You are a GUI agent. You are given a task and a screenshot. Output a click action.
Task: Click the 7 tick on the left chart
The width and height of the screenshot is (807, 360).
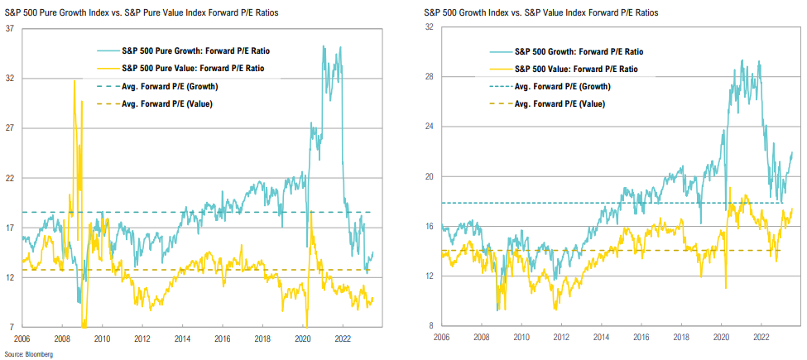click(x=12, y=328)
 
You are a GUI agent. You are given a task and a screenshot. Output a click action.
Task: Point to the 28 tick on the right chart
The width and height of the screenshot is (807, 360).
click(x=430, y=77)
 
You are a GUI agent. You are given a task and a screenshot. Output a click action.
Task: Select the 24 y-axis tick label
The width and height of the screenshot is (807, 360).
click(x=430, y=127)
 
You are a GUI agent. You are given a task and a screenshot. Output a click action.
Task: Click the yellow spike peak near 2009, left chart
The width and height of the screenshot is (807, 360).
click(x=75, y=80)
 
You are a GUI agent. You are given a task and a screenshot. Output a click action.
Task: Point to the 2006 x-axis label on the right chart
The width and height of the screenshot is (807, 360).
click(x=442, y=338)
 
